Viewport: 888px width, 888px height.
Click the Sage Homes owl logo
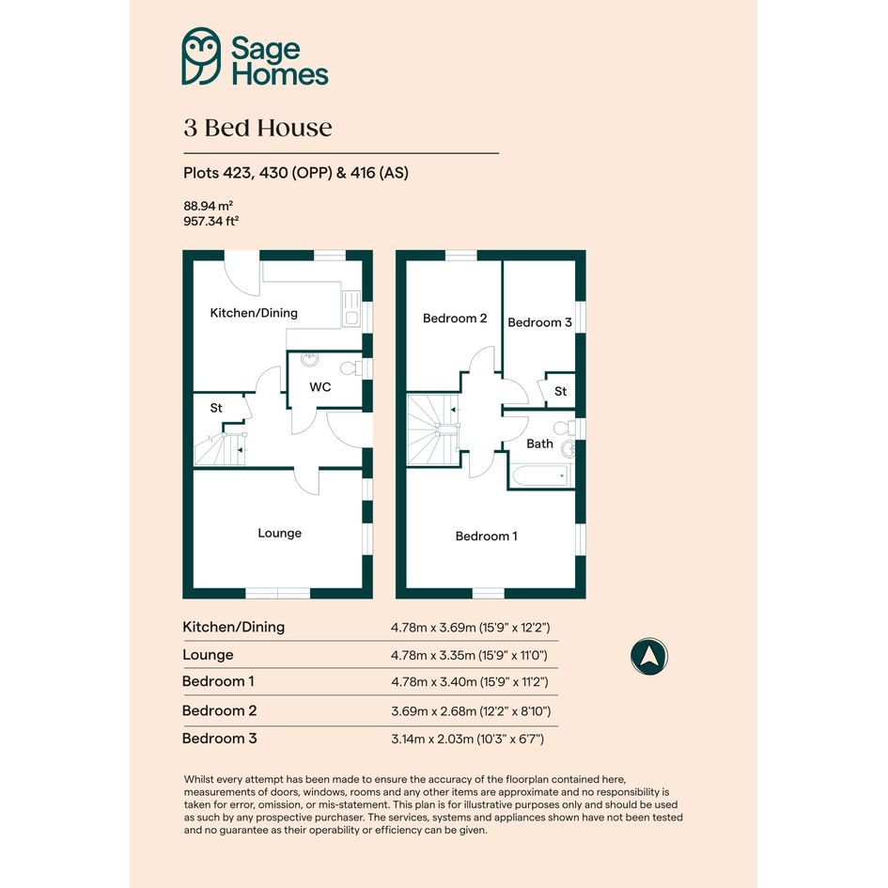coord(201,56)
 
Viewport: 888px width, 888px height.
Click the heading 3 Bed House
coord(257,128)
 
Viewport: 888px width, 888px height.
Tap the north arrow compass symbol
coord(649,657)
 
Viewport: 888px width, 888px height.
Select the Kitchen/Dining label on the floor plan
coord(254,313)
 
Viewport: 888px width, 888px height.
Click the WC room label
coord(320,387)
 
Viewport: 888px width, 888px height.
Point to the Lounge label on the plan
coord(280,533)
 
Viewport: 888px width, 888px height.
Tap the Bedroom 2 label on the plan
coord(455,319)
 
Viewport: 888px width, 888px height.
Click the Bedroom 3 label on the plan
coord(539,322)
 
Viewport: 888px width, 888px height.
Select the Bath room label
coord(539,444)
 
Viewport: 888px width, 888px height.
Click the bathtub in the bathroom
coord(541,475)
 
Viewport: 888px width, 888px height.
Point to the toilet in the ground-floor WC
coord(351,368)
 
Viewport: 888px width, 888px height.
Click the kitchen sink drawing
coord(351,308)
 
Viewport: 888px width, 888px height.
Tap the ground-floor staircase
coord(220,448)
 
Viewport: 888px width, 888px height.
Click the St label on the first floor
coord(561,391)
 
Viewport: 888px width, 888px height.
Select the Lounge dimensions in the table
coord(469,655)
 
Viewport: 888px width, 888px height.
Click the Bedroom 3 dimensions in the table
coord(467,739)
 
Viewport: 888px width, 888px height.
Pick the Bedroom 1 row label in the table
coord(218,681)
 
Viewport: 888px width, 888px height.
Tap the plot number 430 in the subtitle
coord(273,173)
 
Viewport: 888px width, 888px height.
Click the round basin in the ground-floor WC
coord(309,359)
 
